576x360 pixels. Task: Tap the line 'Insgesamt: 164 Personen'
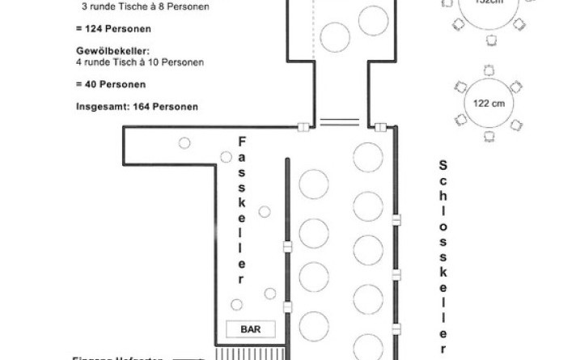[x=137, y=106]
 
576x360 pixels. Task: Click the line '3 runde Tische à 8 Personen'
[x=146, y=7]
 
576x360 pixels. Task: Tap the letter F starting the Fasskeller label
[x=241, y=142]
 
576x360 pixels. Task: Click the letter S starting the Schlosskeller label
[x=443, y=164]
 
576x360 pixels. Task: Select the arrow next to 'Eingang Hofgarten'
[x=188, y=357]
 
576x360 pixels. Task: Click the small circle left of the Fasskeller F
[x=184, y=143]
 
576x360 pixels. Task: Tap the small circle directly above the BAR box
[x=236, y=304]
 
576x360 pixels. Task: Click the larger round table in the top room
[x=374, y=19]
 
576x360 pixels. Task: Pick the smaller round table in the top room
[x=334, y=35]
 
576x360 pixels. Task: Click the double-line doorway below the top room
[x=340, y=123]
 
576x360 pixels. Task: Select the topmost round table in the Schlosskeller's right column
[x=368, y=157]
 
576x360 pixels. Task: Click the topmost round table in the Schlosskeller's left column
[x=314, y=184]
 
